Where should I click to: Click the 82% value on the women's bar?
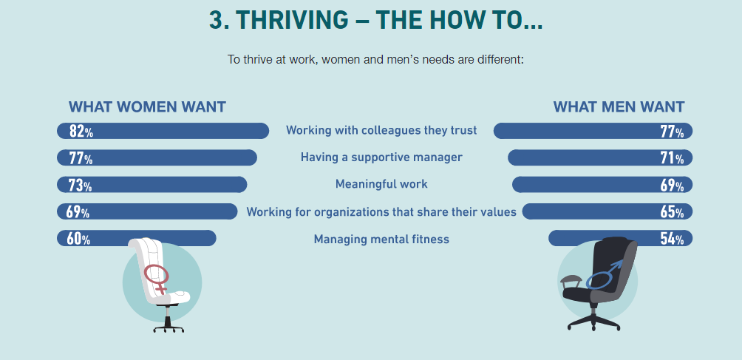click(x=81, y=131)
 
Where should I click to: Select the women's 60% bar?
click(x=136, y=238)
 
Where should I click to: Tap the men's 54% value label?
click(x=672, y=239)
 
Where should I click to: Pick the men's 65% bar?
click(x=607, y=211)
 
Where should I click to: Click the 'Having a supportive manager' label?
click(x=381, y=157)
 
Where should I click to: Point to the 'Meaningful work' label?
click(x=381, y=184)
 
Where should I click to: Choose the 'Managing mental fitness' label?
click(x=381, y=240)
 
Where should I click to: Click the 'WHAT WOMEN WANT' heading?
click(x=147, y=107)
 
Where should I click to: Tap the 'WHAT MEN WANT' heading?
click(x=619, y=107)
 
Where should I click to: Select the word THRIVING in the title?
click(x=290, y=20)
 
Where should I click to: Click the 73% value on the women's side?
click(x=81, y=185)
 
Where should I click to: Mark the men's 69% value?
click(x=672, y=185)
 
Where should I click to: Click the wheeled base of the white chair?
click(x=169, y=327)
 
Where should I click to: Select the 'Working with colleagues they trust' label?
click(x=381, y=130)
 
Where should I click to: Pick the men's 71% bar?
click(x=600, y=157)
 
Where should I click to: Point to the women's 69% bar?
click(x=146, y=211)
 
